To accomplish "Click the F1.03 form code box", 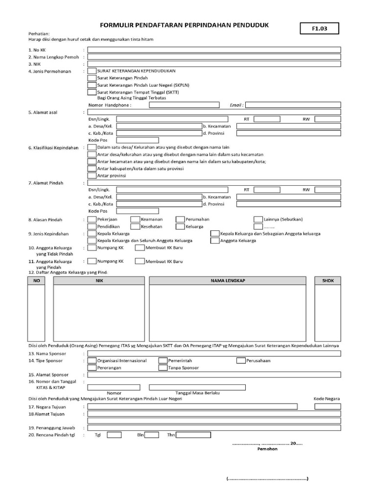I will pos(319,29).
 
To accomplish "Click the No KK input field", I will pos(214,50).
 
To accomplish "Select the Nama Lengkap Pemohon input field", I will pos(214,57).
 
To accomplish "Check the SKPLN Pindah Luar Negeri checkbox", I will pos(92,85).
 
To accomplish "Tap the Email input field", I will pos(293,104).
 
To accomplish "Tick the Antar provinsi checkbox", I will pos(92,175).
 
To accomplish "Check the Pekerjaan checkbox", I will pos(92,219).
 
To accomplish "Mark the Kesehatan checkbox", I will pos(135,226).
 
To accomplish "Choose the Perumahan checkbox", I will pos(180,219).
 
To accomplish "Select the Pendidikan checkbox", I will pos(92,226).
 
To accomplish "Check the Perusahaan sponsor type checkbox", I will pos(240,360).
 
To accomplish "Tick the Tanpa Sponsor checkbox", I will pos(163,367).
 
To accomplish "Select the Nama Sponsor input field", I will pos(214,353).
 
